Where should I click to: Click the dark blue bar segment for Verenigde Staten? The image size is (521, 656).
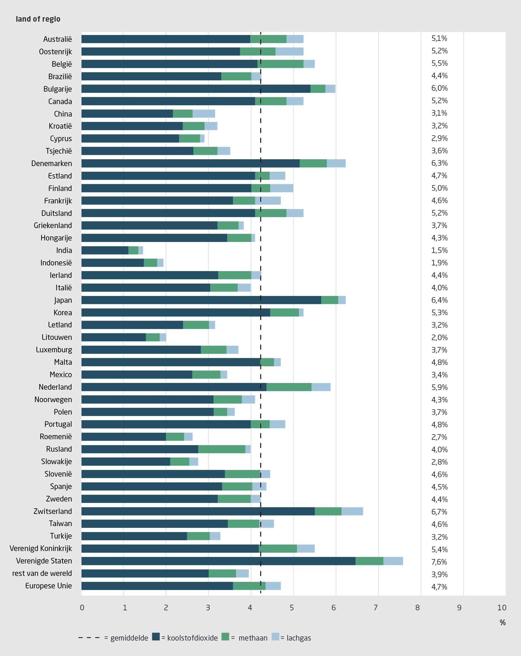click(218, 561)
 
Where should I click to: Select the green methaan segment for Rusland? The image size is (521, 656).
click(222, 449)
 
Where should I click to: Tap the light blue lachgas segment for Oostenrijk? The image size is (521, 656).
click(289, 51)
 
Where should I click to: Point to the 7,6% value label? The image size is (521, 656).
click(439, 562)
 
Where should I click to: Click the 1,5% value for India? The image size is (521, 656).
click(439, 250)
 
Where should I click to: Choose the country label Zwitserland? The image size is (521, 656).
click(53, 511)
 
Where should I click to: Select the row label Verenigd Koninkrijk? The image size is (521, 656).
click(41, 548)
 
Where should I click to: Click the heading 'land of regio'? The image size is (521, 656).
click(38, 19)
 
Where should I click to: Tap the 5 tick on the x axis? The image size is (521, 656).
click(292, 608)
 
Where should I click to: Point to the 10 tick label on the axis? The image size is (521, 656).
click(501, 608)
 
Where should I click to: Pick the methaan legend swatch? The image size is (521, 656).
click(225, 636)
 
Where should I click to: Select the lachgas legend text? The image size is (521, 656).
click(299, 638)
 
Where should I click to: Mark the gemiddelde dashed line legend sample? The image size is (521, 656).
click(89, 637)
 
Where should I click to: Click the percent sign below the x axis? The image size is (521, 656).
click(503, 622)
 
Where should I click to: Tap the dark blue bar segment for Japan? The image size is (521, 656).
click(201, 300)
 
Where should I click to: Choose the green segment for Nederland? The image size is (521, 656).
click(289, 387)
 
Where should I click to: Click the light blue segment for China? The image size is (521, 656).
click(204, 114)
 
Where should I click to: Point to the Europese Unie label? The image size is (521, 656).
click(48, 586)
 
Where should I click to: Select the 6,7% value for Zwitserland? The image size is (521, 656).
click(439, 512)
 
